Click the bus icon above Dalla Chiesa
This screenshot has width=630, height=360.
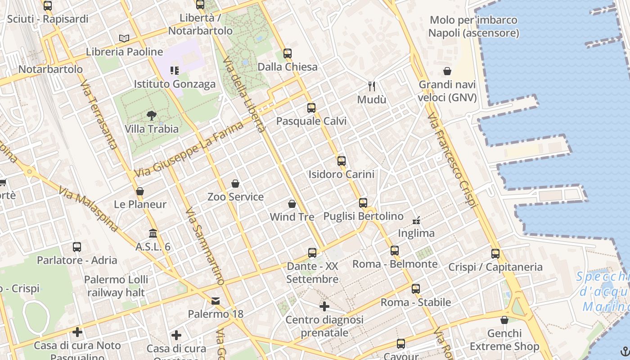pyautogui.click(x=288, y=54)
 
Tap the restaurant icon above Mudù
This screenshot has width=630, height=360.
pyautogui.click(x=372, y=86)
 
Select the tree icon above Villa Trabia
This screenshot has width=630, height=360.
pyautogui.click(x=152, y=116)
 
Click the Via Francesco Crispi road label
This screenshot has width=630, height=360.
pyautogui.click(x=452, y=160)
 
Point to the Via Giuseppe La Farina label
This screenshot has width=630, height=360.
pyautogui.click(x=189, y=149)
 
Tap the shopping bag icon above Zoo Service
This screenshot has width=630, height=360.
pyautogui.click(x=235, y=184)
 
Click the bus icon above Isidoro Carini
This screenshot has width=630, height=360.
pyautogui.click(x=342, y=161)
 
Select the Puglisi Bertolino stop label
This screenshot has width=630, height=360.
pyautogui.click(x=364, y=216)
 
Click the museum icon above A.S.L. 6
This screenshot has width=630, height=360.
pyautogui.click(x=153, y=234)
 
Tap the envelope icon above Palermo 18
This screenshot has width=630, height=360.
pyautogui.click(x=216, y=301)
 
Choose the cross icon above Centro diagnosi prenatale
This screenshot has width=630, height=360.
pyautogui.click(x=324, y=307)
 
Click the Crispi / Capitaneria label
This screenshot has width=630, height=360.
pyautogui.click(x=495, y=267)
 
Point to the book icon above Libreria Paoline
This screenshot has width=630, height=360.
pyautogui.click(x=124, y=39)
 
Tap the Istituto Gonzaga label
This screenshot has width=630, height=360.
pyautogui.click(x=175, y=84)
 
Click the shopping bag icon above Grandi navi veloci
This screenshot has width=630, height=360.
pyautogui.click(x=447, y=71)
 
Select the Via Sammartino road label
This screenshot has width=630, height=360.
pyautogui.click(x=205, y=246)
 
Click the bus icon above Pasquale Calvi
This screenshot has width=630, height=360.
pyautogui.click(x=311, y=108)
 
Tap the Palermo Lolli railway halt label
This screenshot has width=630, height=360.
pyautogui.click(x=116, y=286)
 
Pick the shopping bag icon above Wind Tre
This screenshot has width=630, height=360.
pyautogui.click(x=292, y=204)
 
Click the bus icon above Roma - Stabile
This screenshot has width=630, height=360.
pyautogui.click(x=416, y=289)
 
